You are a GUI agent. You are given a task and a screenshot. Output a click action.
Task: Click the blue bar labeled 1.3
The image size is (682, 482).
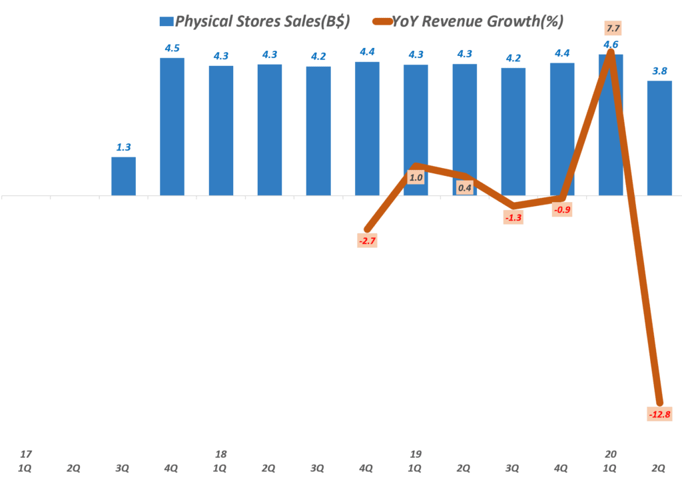123,177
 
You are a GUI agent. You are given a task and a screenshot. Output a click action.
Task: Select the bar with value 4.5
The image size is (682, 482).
172,127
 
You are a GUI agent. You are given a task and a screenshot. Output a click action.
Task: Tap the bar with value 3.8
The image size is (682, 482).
659,138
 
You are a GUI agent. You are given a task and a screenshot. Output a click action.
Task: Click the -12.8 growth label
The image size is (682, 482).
659,415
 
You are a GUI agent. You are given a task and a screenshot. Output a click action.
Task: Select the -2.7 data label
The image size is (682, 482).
366,241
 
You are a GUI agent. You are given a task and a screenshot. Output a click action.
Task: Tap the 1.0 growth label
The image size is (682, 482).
416,177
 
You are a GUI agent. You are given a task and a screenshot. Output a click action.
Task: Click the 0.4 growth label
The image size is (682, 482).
465,188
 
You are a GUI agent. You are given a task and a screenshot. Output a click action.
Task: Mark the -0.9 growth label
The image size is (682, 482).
563,210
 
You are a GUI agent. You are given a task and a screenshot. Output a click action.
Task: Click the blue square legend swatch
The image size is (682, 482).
166,21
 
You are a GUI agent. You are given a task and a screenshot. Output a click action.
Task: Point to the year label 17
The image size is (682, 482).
25,454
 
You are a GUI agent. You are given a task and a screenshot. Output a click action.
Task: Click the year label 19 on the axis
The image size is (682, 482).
416,454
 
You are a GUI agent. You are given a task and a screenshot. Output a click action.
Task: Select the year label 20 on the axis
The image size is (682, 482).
611,454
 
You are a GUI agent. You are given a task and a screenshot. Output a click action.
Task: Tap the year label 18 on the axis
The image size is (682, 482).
220,454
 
